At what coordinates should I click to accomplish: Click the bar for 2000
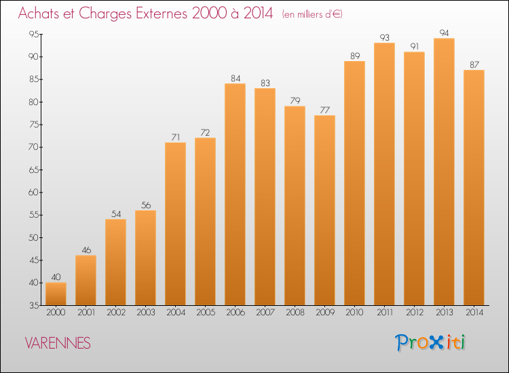pos(56,294)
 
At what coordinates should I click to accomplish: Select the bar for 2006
pos(235,194)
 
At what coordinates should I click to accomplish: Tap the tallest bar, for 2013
pos(444,172)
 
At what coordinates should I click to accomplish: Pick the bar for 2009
pos(324,210)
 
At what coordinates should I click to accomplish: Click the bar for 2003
pos(145,258)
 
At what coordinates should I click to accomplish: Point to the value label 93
pos(384,37)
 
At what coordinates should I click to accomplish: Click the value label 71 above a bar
pos(176,137)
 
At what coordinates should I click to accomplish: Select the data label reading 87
pos(474,65)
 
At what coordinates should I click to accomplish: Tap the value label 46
pos(86,250)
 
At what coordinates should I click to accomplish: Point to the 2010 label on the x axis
pos(354,313)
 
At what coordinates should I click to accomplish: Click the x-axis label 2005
pos(206,313)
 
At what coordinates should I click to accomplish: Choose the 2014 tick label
pos(474,313)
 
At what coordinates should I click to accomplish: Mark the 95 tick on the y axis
pos(34,34)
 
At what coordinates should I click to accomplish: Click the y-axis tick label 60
pos(34,193)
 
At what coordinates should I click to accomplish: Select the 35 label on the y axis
pos(34,305)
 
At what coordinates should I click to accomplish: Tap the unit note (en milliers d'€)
pos(312,14)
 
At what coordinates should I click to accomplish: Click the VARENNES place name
pos(58,343)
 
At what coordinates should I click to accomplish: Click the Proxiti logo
pos(430,342)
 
